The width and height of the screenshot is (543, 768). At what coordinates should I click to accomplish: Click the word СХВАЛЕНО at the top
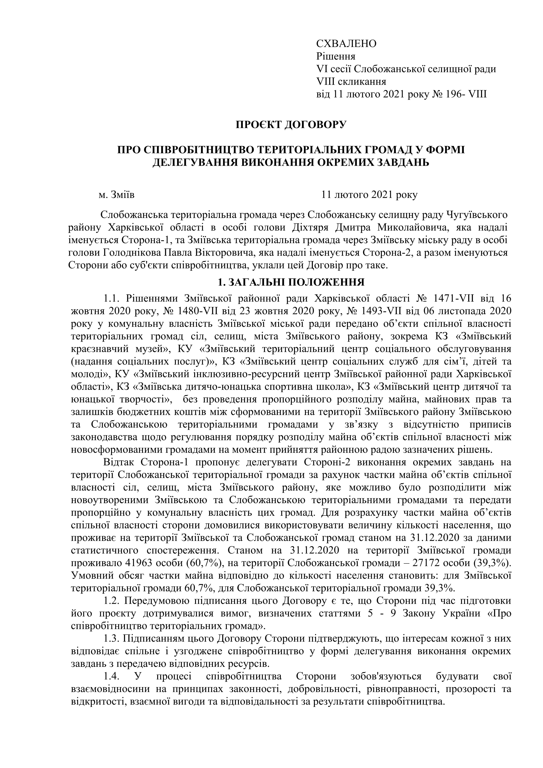pos(346,44)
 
